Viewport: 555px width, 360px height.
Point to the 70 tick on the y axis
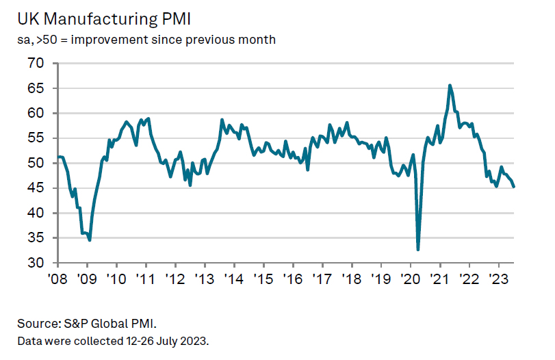(36, 64)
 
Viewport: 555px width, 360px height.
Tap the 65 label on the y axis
(36, 88)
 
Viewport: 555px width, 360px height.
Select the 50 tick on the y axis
(36, 164)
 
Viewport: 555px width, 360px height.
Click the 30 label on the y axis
(36, 263)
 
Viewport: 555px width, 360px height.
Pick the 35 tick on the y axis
(36, 238)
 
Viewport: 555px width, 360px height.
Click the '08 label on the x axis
(57, 279)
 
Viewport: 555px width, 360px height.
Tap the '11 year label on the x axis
(145, 279)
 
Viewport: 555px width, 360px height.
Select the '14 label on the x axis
(233, 279)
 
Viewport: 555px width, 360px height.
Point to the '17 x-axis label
(322, 279)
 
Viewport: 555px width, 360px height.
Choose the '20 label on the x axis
(409, 279)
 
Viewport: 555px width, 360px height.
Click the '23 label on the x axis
(498, 279)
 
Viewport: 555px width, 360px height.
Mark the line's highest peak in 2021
(450, 86)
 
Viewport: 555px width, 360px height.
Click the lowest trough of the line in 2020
(418, 250)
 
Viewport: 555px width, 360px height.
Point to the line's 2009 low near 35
(90, 240)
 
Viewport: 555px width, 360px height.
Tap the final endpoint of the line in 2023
(514, 186)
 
